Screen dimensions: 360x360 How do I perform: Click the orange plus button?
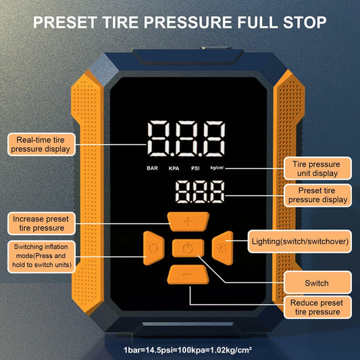coord(188,222)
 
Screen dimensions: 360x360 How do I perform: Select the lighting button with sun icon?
coord(223,247)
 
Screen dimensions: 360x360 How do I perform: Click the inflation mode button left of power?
coord(152,248)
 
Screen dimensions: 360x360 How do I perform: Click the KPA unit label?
coord(174,168)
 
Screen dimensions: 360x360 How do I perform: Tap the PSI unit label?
coord(195,168)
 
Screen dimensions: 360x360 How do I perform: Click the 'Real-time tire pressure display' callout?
coord(39,143)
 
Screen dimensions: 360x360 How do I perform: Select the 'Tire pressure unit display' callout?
coord(317,168)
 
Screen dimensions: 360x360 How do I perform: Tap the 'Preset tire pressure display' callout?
coord(317,195)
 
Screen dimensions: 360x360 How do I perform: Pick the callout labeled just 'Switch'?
coord(317,283)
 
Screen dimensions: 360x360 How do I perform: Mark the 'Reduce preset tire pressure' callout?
coord(317,307)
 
